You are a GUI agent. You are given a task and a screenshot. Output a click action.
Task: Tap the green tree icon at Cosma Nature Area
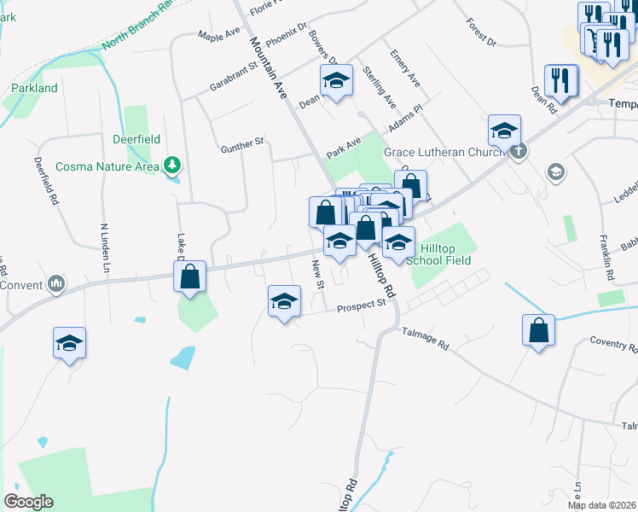pos(172,163)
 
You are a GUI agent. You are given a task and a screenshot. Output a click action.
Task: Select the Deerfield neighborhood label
pos(136,139)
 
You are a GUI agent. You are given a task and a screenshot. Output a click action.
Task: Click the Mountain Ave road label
pos(268,68)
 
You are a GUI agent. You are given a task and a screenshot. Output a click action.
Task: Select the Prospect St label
pos(362,308)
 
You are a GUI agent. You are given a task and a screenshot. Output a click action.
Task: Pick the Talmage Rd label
pos(426,341)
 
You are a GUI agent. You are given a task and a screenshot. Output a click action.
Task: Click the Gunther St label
pos(242,146)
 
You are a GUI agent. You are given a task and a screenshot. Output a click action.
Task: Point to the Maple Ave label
pos(219,35)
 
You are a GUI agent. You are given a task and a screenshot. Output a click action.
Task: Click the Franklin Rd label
pos(608,265)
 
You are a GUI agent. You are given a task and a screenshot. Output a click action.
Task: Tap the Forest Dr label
pos(481,32)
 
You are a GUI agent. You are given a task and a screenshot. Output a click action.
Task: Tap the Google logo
pos(28,501)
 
